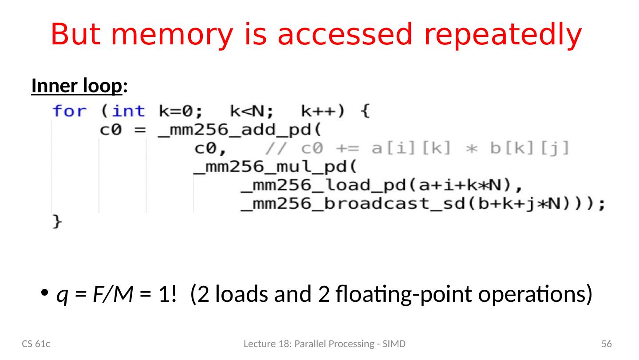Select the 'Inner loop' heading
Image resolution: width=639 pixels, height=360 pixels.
pyautogui.click(x=76, y=87)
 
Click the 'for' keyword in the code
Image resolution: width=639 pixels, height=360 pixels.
pyautogui.click(x=70, y=111)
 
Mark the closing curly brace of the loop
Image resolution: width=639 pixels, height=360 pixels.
pyautogui.click(x=57, y=222)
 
